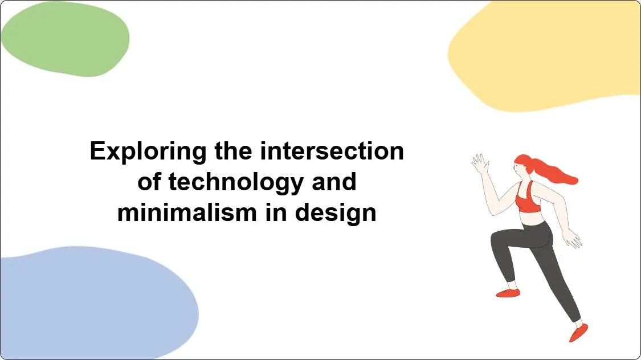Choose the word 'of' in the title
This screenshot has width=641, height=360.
click(150, 182)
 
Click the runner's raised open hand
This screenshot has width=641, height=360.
click(480, 163)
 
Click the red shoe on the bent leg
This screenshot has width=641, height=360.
click(508, 293)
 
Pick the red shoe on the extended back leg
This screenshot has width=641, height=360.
click(578, 332)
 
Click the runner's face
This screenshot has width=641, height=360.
click(518, 166)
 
